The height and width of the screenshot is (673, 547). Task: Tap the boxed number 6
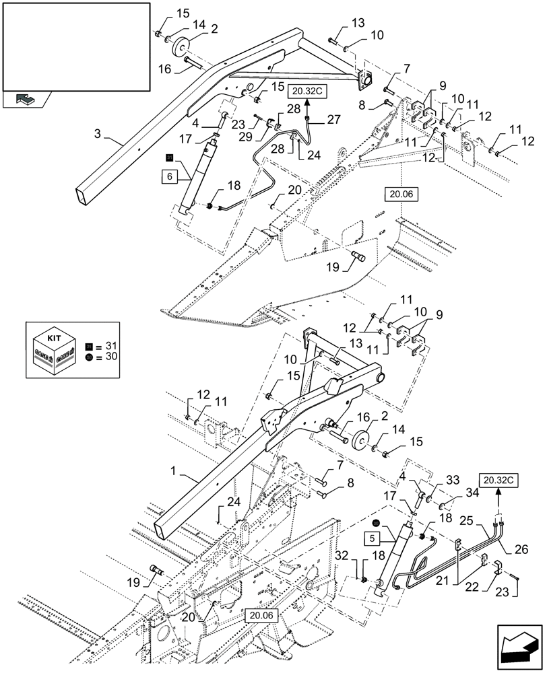point(168,177)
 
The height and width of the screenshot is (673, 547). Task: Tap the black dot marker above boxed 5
point(376,524)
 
